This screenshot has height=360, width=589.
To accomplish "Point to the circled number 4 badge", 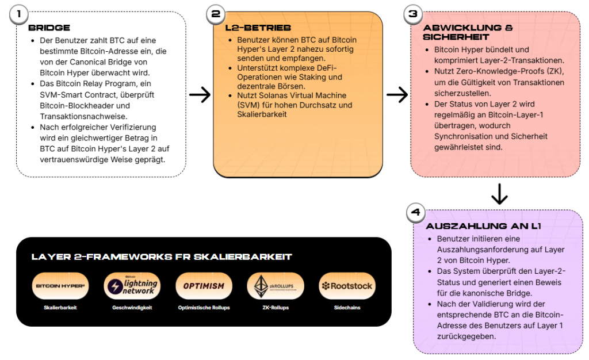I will point(415,213).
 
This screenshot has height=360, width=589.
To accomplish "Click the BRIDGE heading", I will point(49,28).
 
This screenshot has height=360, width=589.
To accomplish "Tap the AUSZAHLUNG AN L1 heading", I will point(484,226).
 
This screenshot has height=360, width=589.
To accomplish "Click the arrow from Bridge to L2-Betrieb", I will point(200,95).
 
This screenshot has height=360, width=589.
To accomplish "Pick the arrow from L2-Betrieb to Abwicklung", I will point(397,95).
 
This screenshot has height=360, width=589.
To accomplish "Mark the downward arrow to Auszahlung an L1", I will point(499,194).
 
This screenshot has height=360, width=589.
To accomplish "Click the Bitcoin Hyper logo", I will point(60,286).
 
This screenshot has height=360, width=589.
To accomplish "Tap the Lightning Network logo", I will point(132,286).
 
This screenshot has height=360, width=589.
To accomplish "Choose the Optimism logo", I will point(204,286).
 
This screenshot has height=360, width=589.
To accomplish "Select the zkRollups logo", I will point(275,286).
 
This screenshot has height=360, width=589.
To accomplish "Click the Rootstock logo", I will point(347,286).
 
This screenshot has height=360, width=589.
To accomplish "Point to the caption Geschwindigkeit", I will point(132,308).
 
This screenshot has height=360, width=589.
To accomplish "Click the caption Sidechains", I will point(347,308).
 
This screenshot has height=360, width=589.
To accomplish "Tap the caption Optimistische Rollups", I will point(204,308).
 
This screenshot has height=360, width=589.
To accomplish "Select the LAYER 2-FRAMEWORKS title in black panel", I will point(162,256).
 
